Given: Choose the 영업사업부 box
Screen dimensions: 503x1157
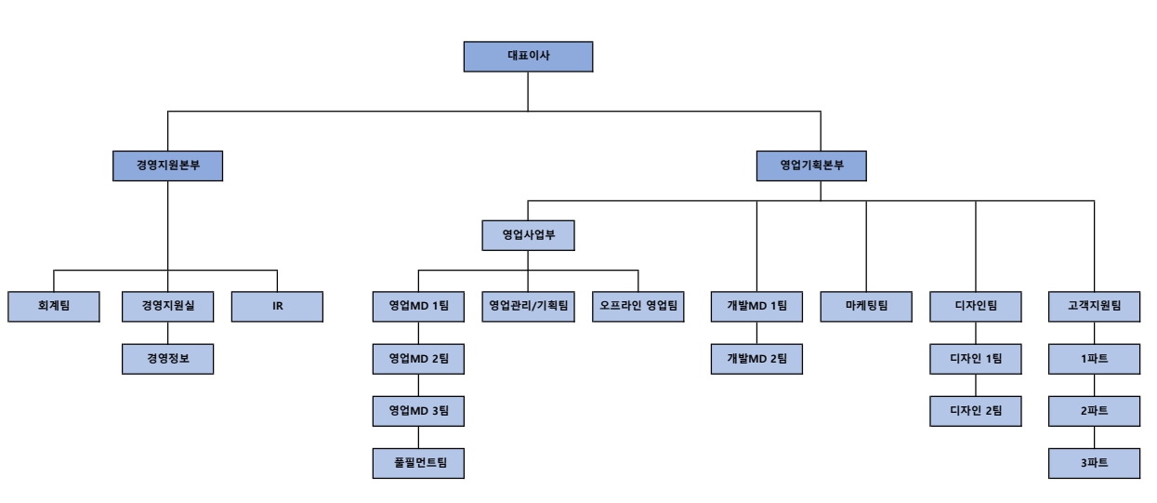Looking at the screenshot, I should click(528, 234).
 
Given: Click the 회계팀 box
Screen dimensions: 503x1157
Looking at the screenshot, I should click(54, 306).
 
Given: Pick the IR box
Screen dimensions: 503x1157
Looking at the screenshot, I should click(277, 306).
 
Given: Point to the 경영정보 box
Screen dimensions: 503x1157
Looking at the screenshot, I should click(167, 358).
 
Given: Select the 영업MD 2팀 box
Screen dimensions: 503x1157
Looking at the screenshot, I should click(417, 358).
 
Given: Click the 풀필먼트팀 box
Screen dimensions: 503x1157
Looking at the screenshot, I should click(417, 462).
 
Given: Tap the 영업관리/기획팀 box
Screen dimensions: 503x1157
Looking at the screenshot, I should click(528, 306).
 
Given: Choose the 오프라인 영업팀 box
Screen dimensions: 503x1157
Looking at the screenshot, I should click(638, 306).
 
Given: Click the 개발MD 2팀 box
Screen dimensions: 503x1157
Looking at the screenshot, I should click(756, 358).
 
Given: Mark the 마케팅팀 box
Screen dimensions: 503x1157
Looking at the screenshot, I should click(866, 306).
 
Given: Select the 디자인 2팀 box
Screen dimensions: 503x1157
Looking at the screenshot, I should click(976, 410).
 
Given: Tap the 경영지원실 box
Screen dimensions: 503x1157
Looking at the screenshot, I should click(167, 306).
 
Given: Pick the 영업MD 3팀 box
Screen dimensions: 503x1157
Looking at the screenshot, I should click(417, 410).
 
